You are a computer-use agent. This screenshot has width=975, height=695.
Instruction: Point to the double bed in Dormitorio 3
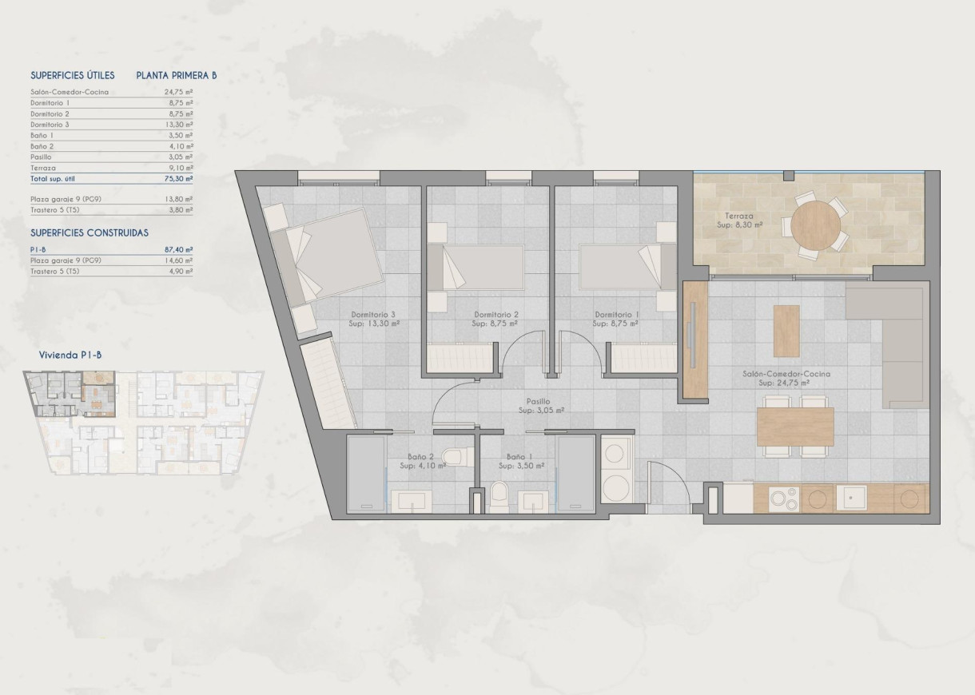[x=324, y=255]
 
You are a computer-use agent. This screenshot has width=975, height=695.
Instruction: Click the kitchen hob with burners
[x=781, y=499]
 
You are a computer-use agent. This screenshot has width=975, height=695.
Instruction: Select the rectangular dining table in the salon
[x=794, y=427]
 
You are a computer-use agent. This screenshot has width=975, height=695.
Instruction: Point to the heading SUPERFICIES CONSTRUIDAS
[x=89, y=232]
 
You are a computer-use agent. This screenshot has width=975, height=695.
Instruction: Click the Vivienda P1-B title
[x=70, y=355]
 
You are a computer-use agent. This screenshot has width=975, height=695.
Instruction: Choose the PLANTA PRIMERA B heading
[x=177, y=76]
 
